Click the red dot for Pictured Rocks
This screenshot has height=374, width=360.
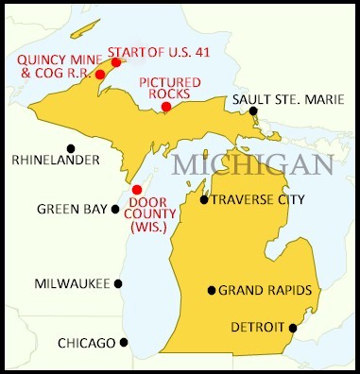166,107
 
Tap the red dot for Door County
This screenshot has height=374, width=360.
137,190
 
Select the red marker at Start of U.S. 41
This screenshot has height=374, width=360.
116,62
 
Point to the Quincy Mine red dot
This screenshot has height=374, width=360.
100,75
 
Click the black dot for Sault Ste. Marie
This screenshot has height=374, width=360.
254,111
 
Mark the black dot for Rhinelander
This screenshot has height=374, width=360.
71,147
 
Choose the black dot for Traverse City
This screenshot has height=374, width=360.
204,199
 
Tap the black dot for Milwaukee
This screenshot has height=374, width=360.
119,282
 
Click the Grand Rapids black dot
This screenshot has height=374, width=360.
212,290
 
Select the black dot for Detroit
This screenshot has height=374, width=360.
293,328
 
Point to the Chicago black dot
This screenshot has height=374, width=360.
124,342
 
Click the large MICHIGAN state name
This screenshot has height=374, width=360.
252,164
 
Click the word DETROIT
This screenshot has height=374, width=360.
259,328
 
